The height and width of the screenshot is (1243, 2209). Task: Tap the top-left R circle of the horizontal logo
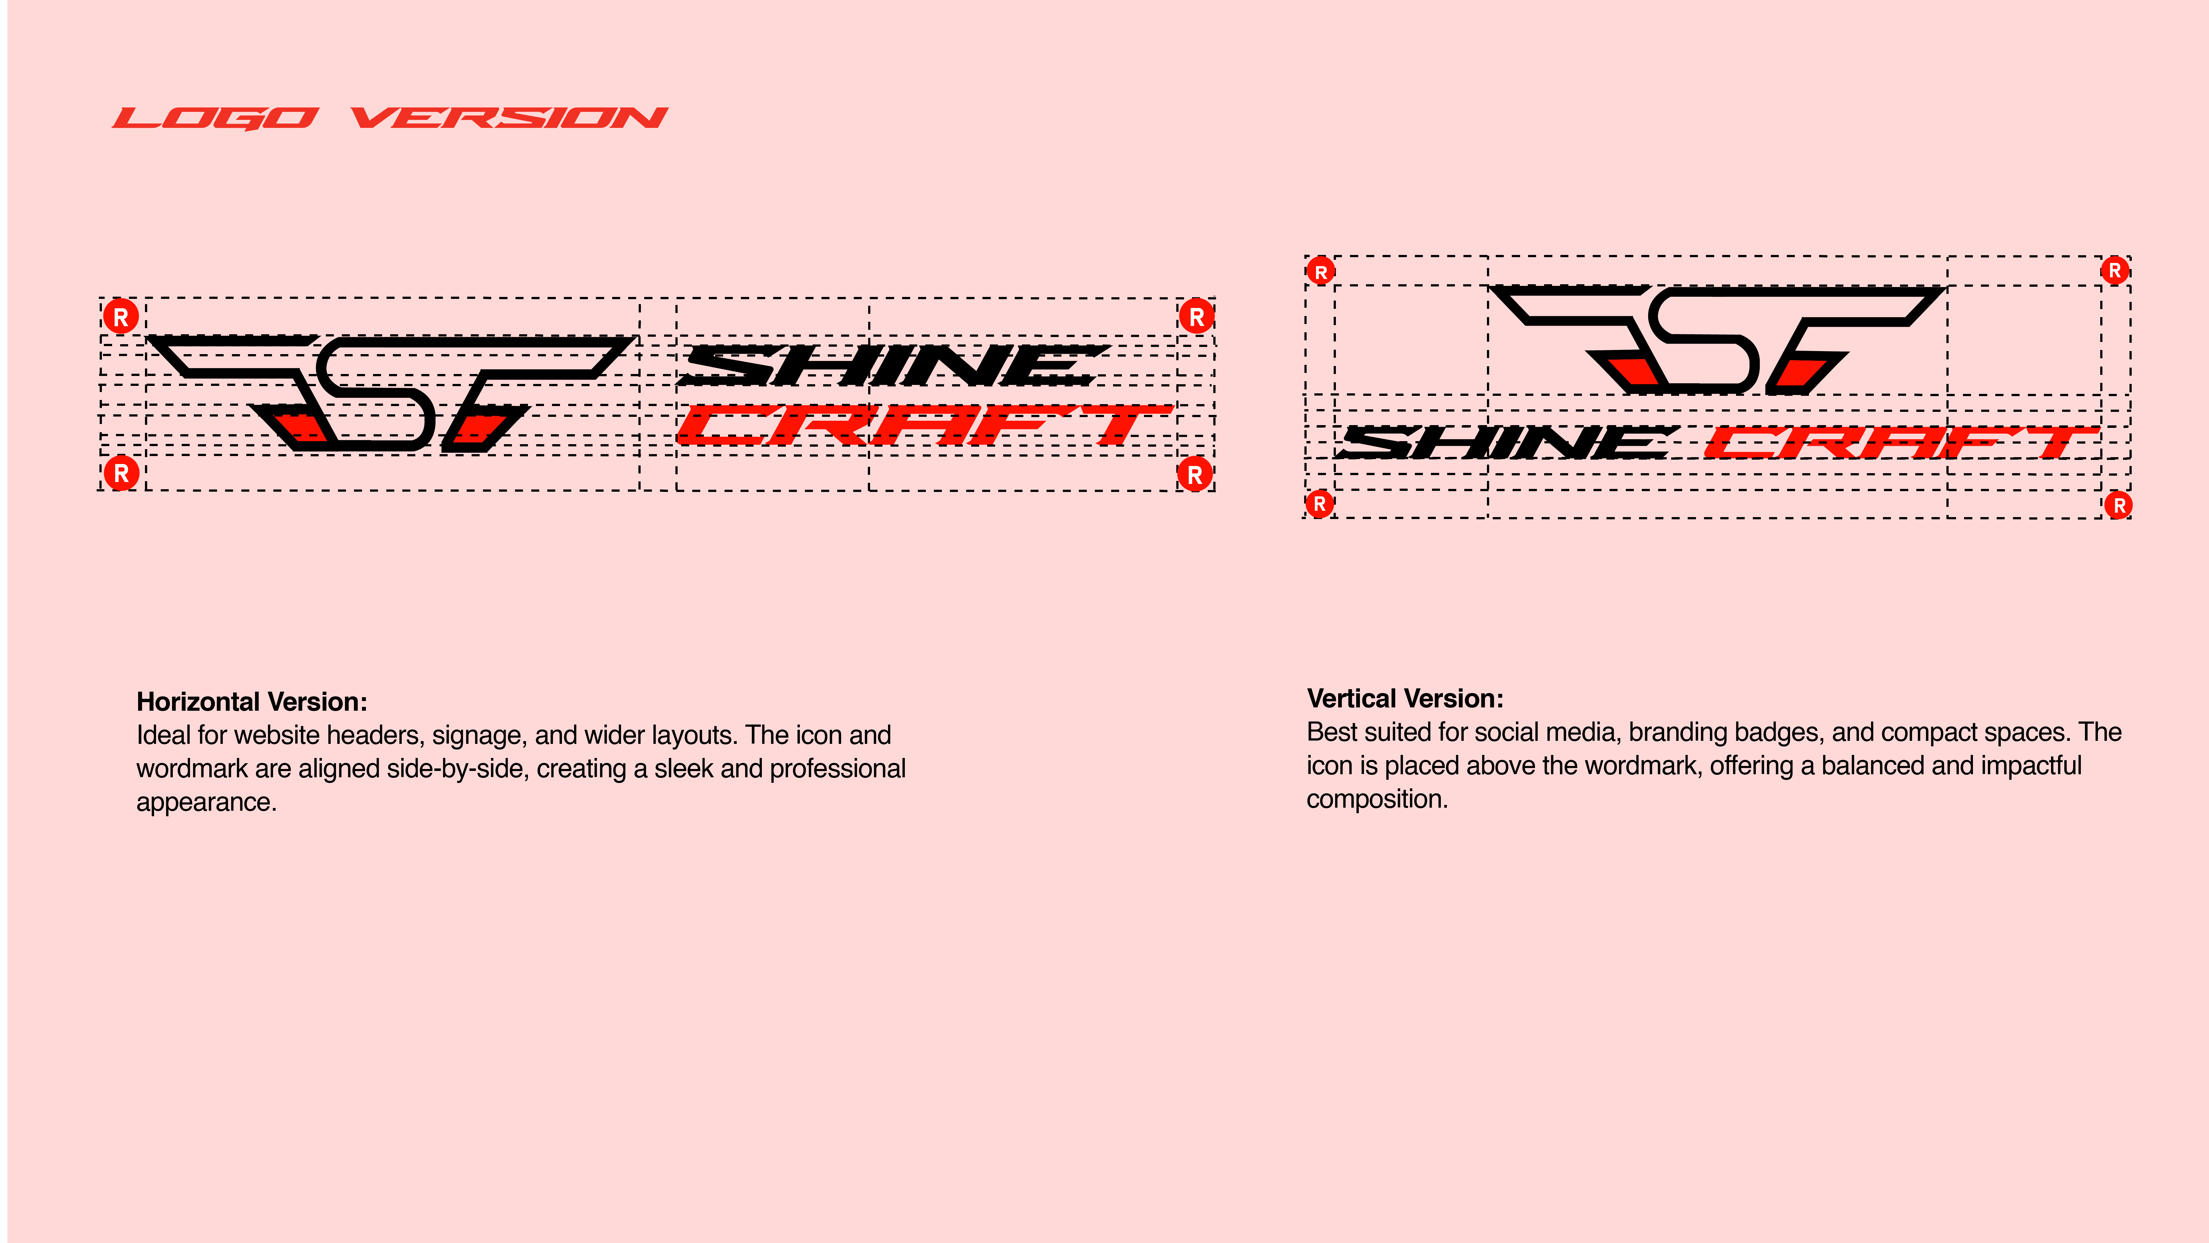coord(121,317)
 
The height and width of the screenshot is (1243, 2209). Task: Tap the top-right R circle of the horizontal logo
coord(1196,317)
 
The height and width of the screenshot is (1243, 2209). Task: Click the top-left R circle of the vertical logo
coord(1321,272)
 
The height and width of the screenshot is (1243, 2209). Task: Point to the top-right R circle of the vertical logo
coord(2115,270)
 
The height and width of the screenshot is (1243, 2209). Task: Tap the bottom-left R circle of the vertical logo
coord(1320,504)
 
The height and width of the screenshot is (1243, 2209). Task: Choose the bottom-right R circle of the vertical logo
coord(2119,505)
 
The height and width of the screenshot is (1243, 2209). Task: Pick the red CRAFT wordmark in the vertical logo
coord(1899,443)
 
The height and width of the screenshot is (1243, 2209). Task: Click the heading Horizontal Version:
coord(251,702)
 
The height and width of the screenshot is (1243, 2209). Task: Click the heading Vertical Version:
coord(1405,698)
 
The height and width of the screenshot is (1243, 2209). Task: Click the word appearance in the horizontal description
coord(206,802)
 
